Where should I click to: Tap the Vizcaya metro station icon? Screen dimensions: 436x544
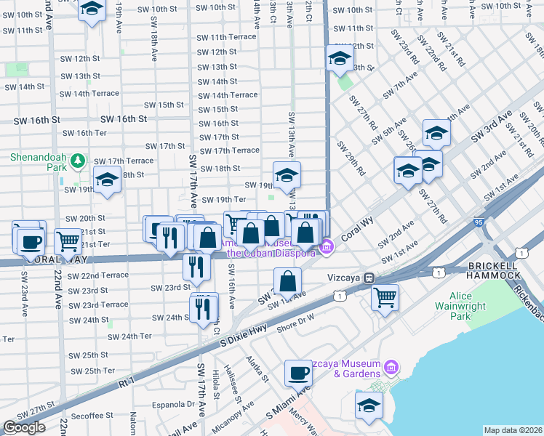point(369,277)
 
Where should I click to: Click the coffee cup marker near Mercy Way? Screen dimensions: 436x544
point(297,374)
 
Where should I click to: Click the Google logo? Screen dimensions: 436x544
point(24,427)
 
